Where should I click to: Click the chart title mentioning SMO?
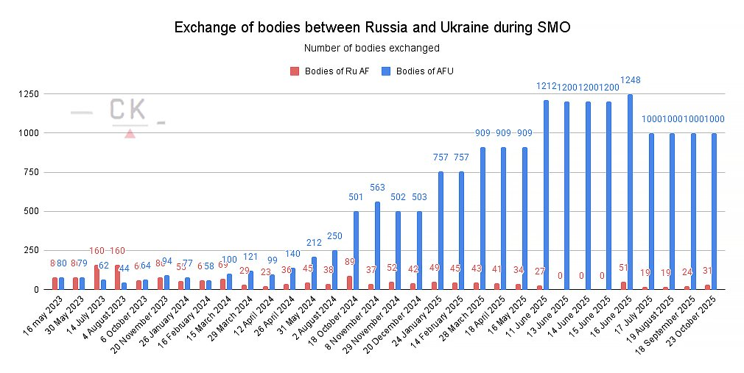tap(372, 28)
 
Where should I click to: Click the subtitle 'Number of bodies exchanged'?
tap(372, 49)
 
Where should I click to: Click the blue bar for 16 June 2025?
tap(631, 192)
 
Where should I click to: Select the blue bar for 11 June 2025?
tap(547, 195)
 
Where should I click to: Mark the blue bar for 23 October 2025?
tap(715, 211)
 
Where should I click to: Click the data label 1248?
tap(631, 79)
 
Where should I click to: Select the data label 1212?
tap(547, 87)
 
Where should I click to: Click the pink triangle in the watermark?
tap(130, 133)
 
